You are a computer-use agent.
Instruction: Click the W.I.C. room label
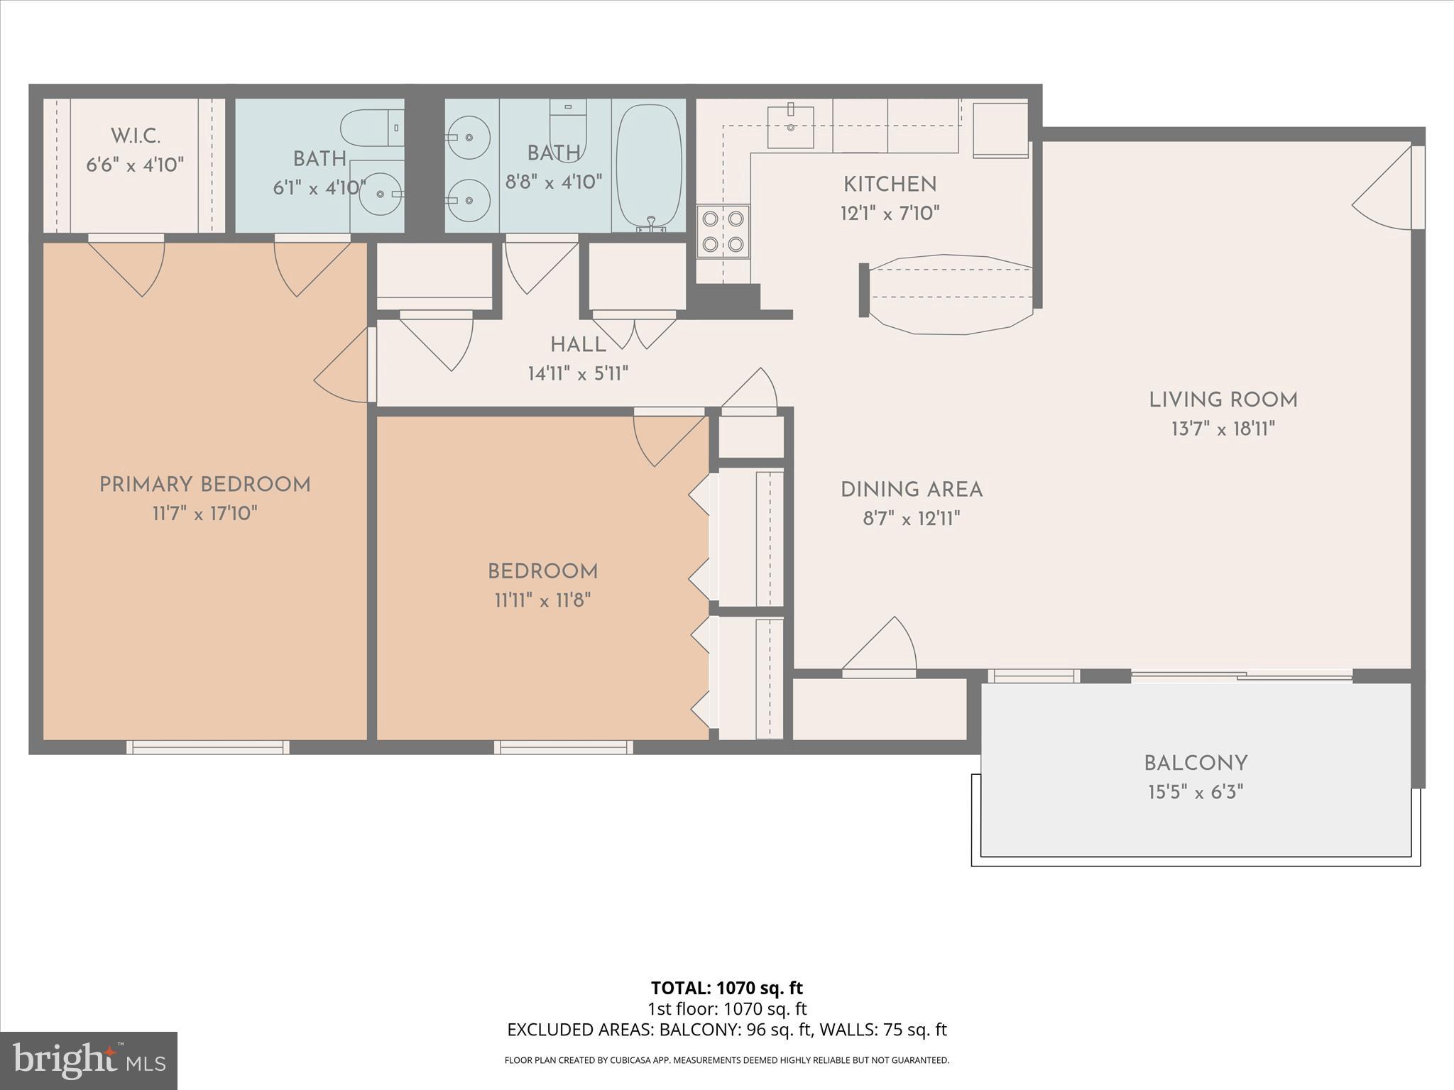(x=135, y=136)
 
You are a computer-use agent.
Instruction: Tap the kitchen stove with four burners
(x=723, y=231)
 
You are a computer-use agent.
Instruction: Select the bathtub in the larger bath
(x=649, y=166)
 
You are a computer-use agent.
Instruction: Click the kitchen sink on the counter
(x=790, y=127)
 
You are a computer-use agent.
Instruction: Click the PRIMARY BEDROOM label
(x=204, y=485)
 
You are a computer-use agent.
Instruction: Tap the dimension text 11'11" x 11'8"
(x=542, y=600)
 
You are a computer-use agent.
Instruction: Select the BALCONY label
(x=1196, y=764)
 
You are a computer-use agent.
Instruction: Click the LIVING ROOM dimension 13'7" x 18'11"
(x=1223, y=429)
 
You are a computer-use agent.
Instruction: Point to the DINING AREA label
(x=911, y=490)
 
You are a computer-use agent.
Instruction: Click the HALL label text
(x=578, y=345)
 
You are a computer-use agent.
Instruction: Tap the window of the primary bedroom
(x=208, y=747)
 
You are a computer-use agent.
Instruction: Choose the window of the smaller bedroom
(x=564, y=747)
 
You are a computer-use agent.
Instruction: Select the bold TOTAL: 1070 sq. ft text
(x=726, y=988)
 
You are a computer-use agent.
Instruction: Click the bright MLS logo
(x=88, y=1061)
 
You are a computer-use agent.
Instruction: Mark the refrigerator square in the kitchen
(x=1000, y=130)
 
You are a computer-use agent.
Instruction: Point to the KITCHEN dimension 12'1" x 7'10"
(x=890, y=213)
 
